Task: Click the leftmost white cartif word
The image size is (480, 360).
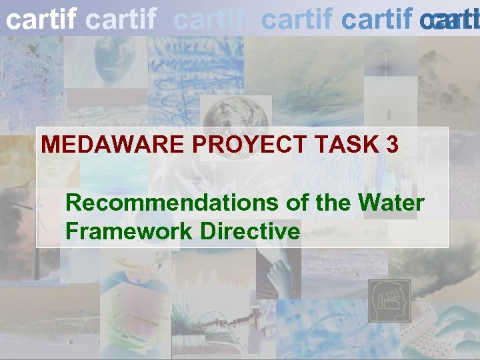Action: (41, 20)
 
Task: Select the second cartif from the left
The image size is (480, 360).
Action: (122, 20)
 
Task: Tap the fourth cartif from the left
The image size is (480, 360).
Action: (297, 20)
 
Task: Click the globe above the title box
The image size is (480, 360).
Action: (226, 111)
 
